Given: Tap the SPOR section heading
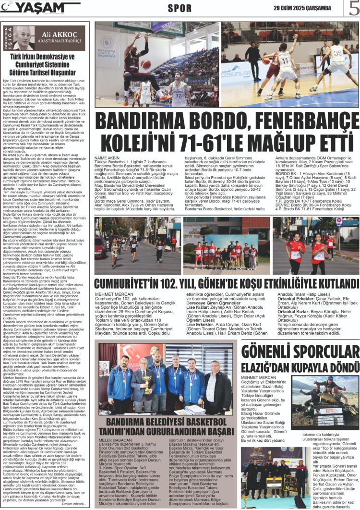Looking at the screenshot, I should pyautogui.click(x=180, y=8).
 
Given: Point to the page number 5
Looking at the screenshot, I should pyautogui.click(x=354, y=9).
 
